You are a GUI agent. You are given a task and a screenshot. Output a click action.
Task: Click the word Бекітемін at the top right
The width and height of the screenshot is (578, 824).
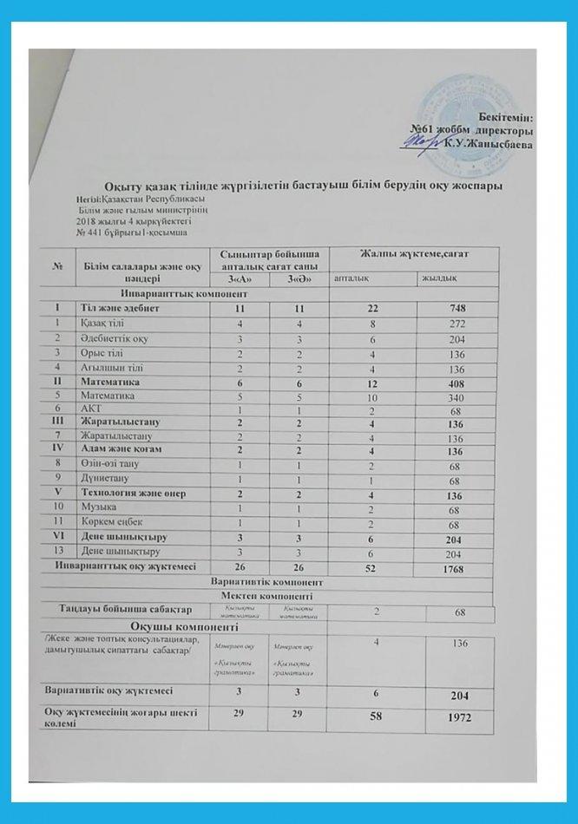[x=506, y=116]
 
